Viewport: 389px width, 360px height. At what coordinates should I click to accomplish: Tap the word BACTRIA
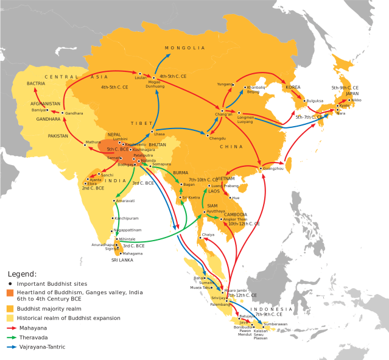[36, 83]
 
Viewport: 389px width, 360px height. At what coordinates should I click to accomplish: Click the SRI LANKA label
[122, 259]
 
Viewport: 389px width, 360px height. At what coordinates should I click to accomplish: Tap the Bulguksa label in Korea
[315, 101]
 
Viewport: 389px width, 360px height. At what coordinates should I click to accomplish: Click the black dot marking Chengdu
[207, 135]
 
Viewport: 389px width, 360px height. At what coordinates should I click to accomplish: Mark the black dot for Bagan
[181, 184]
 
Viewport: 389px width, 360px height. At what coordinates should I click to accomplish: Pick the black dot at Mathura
[84, 144]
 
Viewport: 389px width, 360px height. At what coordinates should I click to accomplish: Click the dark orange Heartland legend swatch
[10, 292]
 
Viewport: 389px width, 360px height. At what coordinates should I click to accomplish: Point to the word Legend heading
[22, 274]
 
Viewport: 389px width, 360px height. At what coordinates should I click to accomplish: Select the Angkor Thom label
[234, 219]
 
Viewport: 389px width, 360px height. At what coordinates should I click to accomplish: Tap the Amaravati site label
[126, 200]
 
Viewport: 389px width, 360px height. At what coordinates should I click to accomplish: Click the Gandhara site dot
[62, 113]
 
